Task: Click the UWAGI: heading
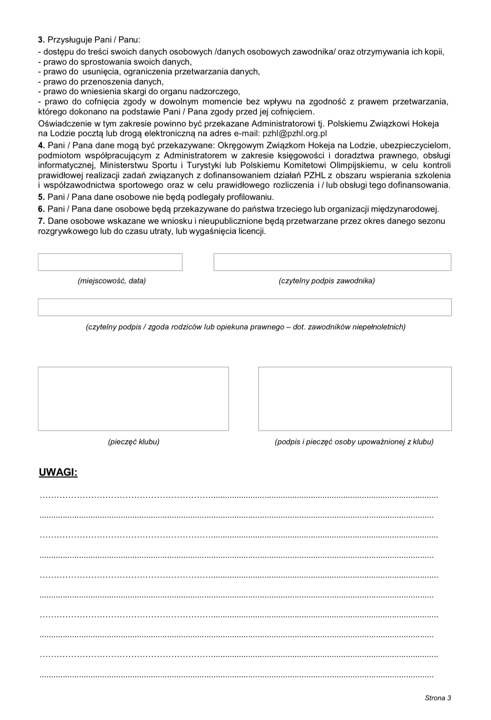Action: (58, 473)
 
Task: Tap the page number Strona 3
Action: (438, 698)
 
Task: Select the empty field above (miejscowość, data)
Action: (110, 262)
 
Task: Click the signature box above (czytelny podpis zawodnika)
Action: (332, 262)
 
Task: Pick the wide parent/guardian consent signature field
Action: (245, 307)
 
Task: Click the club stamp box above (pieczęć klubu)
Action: (133, 399)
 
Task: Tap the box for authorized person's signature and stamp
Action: (354, 399)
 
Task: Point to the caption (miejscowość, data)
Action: (112, 281)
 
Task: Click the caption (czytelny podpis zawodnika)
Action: (327, 281)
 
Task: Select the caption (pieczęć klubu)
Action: (133, 442)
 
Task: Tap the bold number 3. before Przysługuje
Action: (41, 40)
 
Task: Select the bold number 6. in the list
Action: (41, 208)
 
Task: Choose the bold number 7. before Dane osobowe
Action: (41, 221)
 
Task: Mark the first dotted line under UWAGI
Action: (239, 497)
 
